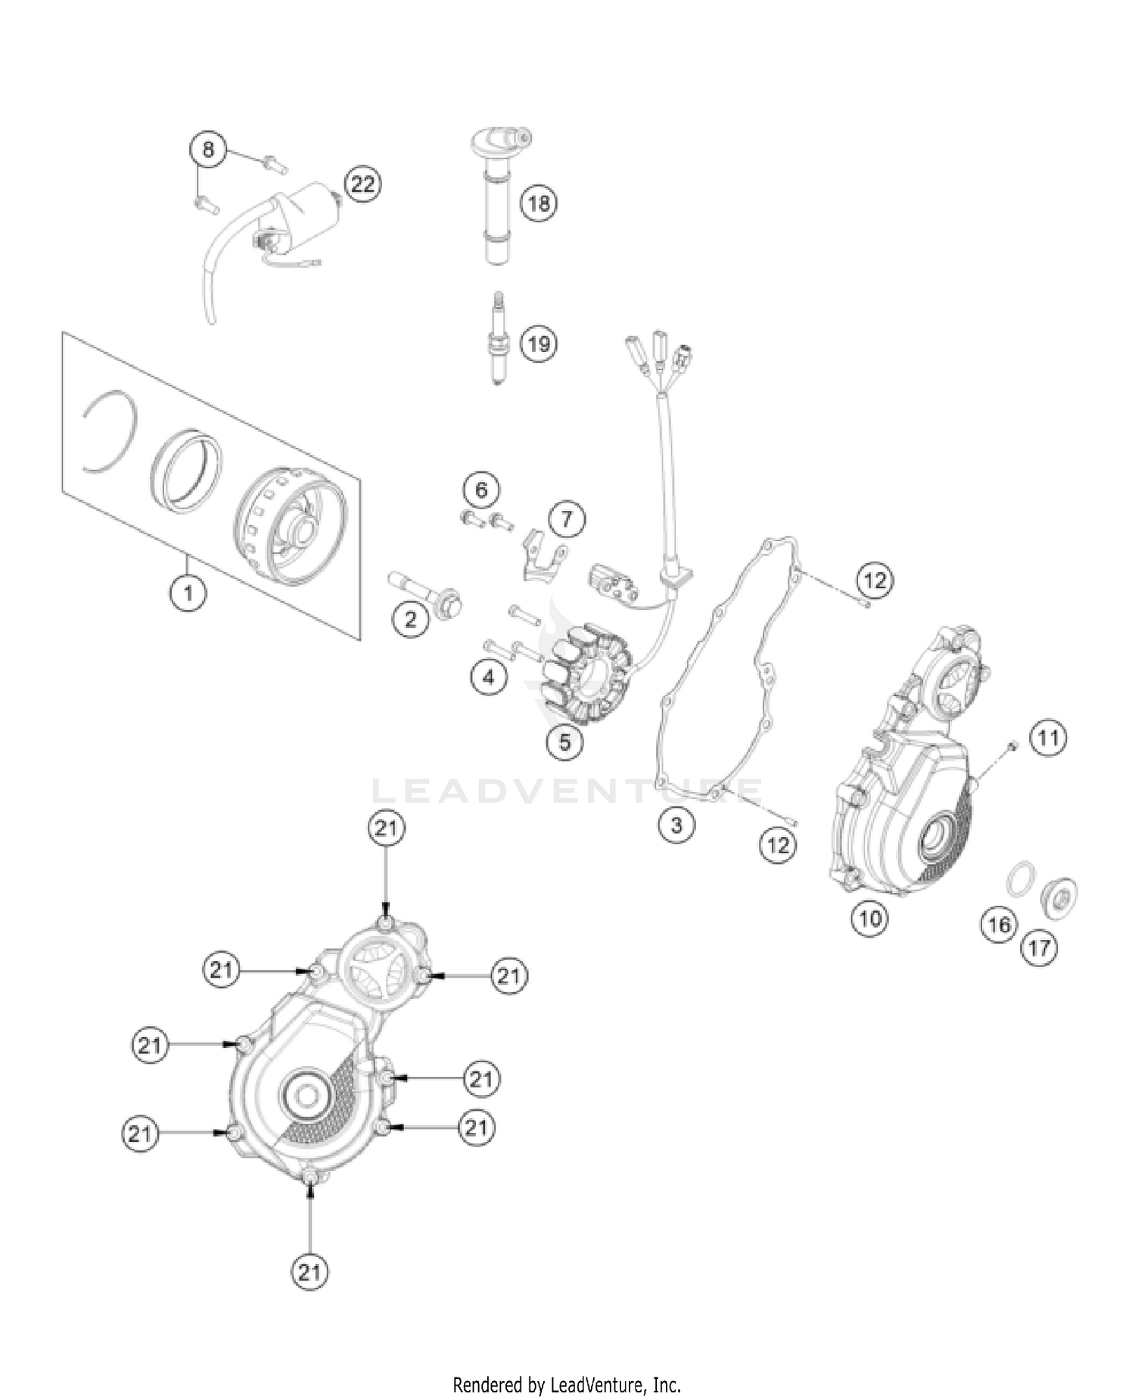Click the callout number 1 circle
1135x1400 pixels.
(187, 593)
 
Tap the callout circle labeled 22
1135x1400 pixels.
(362, 184)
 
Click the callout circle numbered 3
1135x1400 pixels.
(676, 824)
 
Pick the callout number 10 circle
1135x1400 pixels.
(870, 919)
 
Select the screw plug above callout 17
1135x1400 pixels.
(1060, 898)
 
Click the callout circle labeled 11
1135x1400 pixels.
(1048, 736)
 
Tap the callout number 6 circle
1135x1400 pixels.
(482, 490)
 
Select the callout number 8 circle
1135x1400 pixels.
(207, 149)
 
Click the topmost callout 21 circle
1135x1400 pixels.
(386, 828)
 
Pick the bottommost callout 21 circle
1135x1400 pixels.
(309, 1272)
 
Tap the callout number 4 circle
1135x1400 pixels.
(488, 677)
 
